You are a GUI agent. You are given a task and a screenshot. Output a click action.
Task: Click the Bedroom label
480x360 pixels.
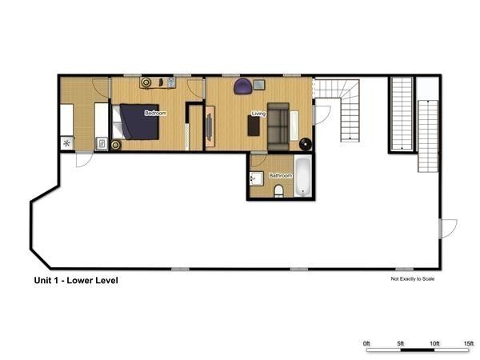point(154,114)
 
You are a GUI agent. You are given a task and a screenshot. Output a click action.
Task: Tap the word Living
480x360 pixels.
point(258,114)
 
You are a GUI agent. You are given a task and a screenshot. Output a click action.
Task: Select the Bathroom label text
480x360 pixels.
point(280,175)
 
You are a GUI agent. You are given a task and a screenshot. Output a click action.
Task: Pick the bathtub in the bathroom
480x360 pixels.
point(304,176)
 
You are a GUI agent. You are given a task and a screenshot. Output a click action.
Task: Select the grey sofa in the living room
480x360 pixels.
point(278,126)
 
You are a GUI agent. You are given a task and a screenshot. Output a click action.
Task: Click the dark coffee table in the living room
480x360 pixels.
point(252,126)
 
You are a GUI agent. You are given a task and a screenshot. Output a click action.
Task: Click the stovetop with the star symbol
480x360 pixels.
point(66,143)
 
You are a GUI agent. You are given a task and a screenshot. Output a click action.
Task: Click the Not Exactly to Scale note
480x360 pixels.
point(412,280)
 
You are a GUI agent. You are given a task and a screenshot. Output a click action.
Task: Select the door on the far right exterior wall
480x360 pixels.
point(447,227)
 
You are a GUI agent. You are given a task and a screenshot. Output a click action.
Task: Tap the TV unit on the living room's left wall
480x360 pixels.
point(210,126)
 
